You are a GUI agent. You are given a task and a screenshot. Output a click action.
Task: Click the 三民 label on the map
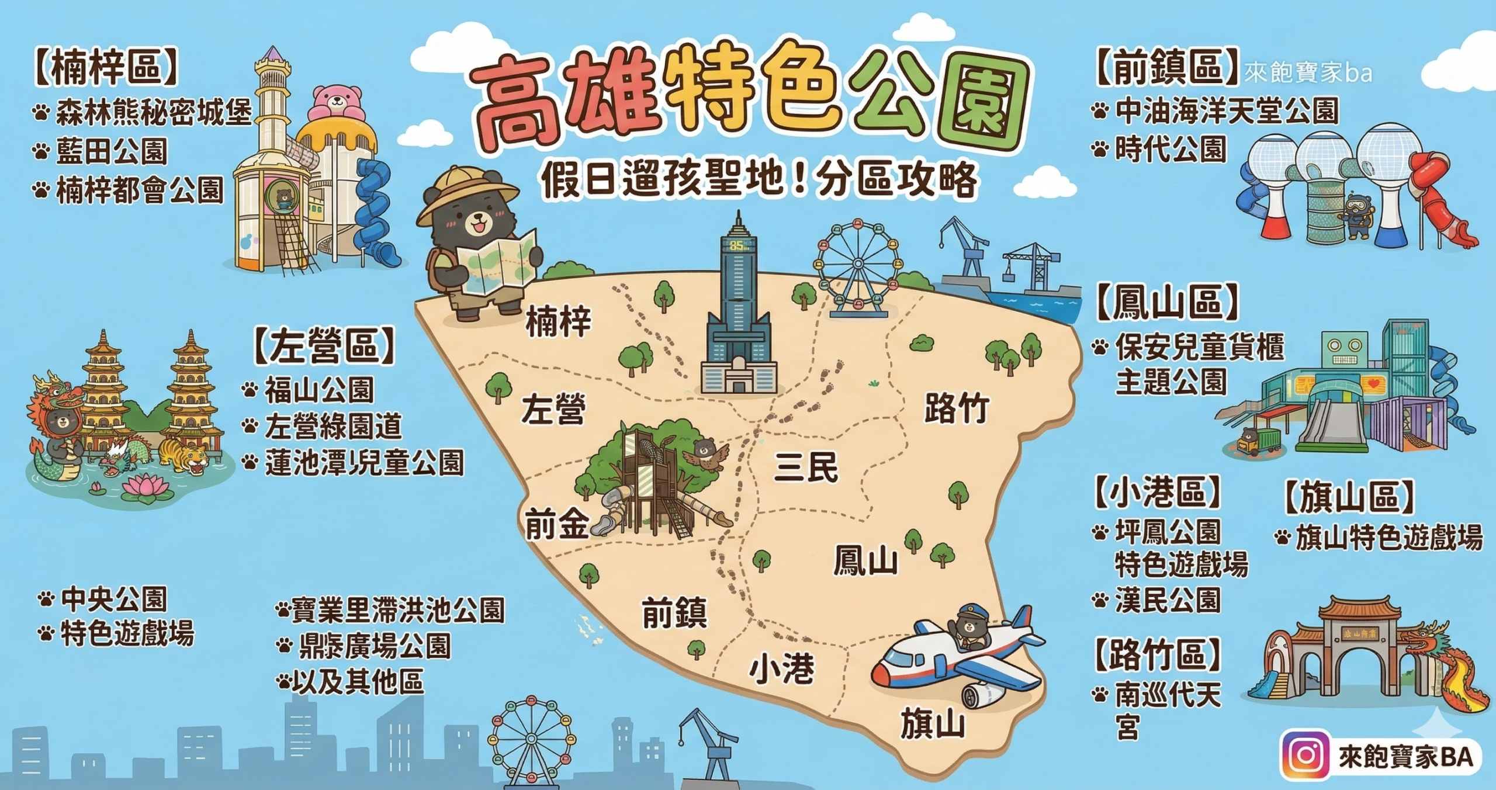806,467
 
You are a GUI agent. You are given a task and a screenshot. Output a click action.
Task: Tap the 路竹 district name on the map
957,408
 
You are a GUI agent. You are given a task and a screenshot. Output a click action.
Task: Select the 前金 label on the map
556,524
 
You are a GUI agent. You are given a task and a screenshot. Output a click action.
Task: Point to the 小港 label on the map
782,669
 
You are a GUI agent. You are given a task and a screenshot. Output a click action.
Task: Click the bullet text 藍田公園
112,151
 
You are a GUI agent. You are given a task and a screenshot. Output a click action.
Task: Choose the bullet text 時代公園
1170,149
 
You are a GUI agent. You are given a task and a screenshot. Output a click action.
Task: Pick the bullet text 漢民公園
1168,600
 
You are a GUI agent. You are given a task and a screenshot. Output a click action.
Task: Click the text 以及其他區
357,682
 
